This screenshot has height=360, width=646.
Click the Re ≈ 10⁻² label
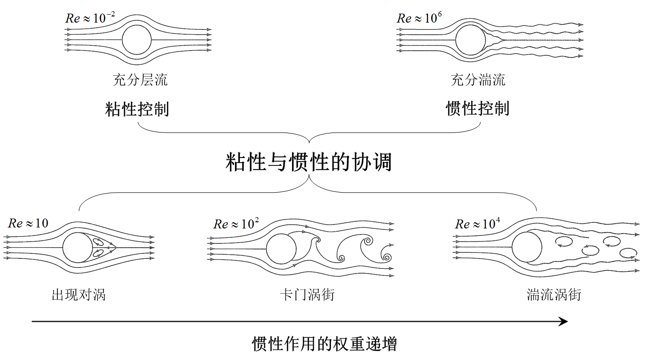[90, 17]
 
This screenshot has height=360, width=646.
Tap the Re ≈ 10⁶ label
[419, 17]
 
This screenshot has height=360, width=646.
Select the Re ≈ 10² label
[236, 224]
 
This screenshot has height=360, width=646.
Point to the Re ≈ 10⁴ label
[478, 224]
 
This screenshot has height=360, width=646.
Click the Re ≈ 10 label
[28, 223]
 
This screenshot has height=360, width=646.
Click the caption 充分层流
[140, 80]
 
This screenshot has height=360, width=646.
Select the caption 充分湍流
[478, 80]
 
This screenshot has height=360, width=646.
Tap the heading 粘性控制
[137, 109]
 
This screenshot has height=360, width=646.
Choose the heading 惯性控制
[478, 109]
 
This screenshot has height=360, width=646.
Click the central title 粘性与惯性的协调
[308, 162]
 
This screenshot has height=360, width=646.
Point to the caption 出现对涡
[79, 295]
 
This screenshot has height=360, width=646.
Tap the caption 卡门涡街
[307, 295]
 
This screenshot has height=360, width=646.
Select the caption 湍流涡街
[554, 295]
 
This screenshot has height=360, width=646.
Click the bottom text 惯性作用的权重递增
[324, 344]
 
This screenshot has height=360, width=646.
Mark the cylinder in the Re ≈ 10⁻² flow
[137, 40]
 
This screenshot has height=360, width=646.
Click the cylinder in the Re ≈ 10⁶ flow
[470, 40]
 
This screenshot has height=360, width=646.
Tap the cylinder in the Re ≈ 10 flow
[78, 248]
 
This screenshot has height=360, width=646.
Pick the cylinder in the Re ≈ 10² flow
[281, 249]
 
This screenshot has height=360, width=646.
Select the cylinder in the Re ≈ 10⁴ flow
[527, 247]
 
